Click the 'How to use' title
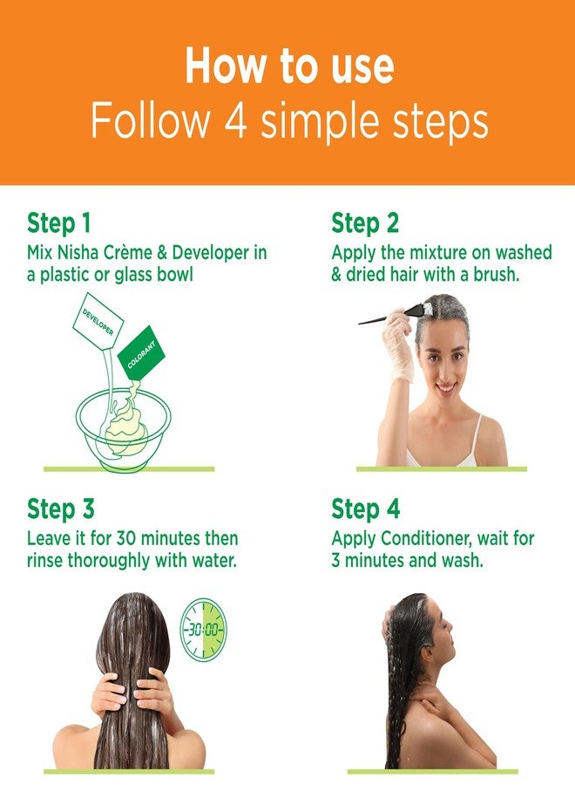click(289, 65)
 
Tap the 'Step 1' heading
click(59, 222)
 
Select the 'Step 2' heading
click(365, 222)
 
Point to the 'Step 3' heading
click(60, 509)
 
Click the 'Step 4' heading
click(366, 509)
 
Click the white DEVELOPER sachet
click(98, 321)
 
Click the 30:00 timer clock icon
click(203, 628)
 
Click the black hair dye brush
click(391, 314)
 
